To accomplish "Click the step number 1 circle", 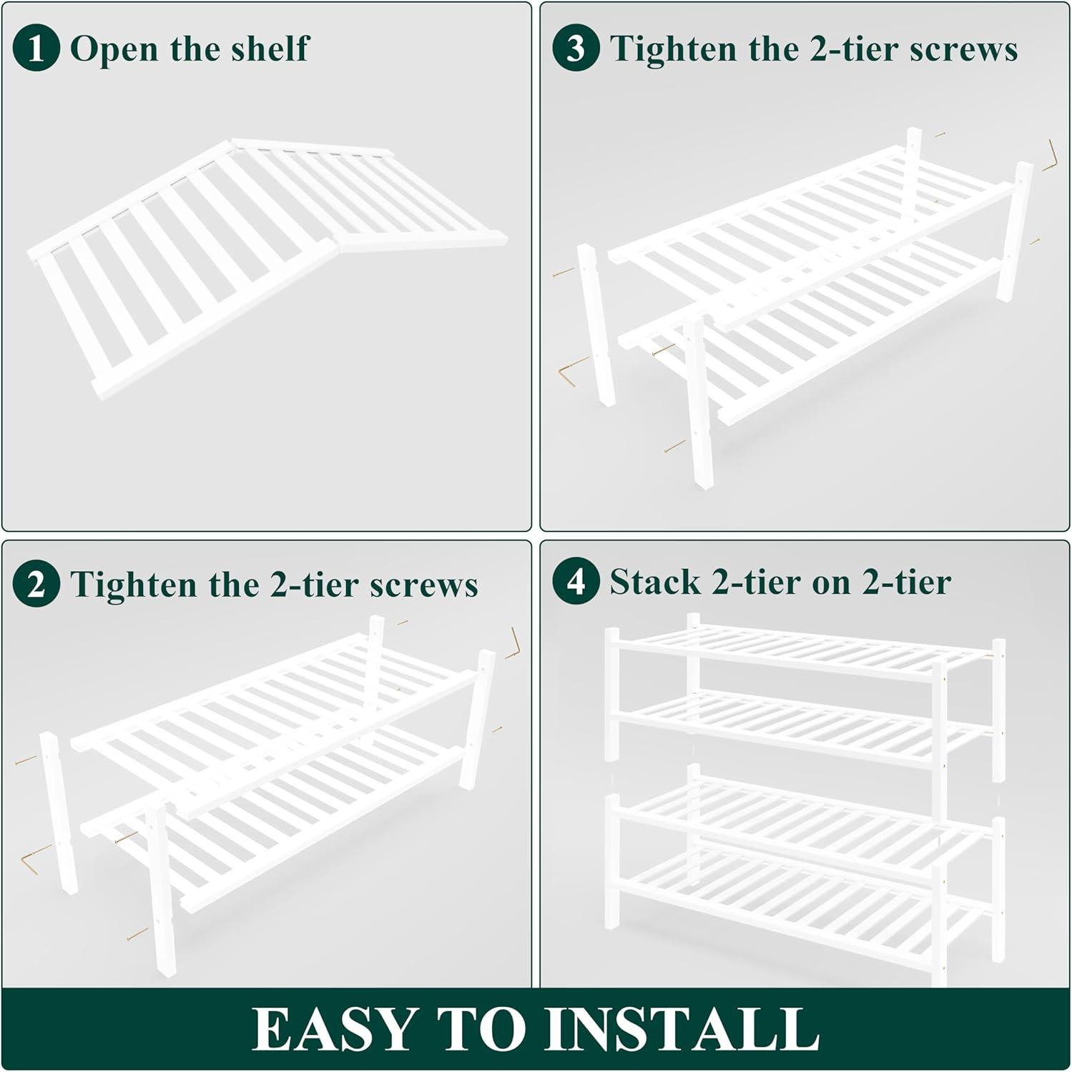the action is click(36, 48).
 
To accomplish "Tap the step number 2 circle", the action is click(36, 585).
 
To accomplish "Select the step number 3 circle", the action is click(576, 48).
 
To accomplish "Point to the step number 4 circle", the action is click(576, 581).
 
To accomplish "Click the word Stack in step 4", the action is click(655, 582).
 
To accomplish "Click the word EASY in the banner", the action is click(334, 1029).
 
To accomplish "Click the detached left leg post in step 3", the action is click(596, 325).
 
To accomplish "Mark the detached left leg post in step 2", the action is click(59, 813).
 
